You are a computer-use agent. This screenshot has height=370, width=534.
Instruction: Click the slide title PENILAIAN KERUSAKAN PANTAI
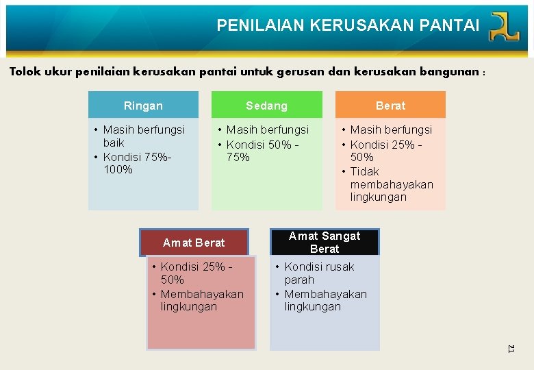click(x=348, y=26)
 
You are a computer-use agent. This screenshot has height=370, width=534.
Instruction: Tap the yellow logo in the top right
click(x=505, y=27)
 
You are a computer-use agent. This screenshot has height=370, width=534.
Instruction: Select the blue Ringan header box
click(x=143, y=106)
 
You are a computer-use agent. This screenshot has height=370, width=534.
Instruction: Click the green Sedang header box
click(x=266, y=106)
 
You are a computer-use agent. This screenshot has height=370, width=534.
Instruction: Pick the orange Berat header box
click(x=390, y=106)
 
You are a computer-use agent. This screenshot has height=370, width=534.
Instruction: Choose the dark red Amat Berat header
click(x=194, y=243)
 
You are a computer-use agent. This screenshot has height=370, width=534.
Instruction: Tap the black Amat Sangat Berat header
click(x=325, y=242)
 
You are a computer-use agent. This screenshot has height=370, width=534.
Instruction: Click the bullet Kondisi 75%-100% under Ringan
click(x=137, y=163)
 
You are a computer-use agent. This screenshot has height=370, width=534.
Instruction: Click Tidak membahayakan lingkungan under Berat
click(x=391, y=184)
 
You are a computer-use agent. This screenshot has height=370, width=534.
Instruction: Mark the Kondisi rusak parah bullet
click(x=319, y=273)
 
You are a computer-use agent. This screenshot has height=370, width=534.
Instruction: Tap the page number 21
click(x=511, y=349)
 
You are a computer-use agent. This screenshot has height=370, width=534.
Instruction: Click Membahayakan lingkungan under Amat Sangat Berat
click(x=325, y=300)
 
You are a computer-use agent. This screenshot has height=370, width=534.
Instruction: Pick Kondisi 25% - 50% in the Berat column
click(x=385, y=150)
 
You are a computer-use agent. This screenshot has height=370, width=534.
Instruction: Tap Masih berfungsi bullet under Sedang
click(x=267, y=129)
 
